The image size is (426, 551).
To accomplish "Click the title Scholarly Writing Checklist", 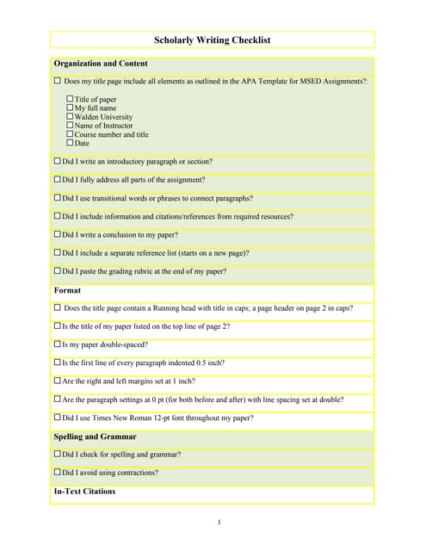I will (212, 40).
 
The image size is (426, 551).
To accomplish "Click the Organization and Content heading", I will (100, 64).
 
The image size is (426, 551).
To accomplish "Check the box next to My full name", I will (70, 108).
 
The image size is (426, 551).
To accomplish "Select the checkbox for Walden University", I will (70, 117).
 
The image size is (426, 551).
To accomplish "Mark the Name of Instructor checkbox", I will (70, 126).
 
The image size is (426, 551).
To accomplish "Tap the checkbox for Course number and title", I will (70, 134).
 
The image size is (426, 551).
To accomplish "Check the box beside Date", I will (70, 143).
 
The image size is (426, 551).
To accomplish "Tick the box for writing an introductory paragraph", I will (58, 161).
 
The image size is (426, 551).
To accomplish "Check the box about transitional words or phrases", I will (58, 198).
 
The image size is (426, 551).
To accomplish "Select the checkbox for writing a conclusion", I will (58, 234).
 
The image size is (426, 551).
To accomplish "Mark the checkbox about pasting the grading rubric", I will (58, 271).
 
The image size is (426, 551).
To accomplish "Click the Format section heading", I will (67, 290).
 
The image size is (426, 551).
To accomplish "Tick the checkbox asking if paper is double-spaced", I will (58, 344).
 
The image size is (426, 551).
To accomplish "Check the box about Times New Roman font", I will (58, 418).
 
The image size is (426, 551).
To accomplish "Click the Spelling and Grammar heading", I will (95, 436).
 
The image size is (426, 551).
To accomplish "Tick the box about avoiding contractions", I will (58, 472).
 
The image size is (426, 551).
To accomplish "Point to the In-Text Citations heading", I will (84, 492).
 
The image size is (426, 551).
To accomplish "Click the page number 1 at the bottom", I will (219, 522).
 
